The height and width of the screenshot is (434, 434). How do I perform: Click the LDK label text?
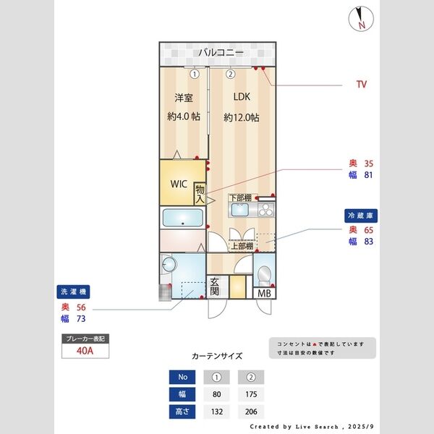241,97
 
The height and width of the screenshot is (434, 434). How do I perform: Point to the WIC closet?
179,184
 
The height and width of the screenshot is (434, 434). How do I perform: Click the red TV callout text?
362,85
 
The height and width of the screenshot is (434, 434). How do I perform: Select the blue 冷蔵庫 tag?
361,216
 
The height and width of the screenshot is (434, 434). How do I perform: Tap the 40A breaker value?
85,352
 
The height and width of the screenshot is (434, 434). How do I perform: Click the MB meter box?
263,293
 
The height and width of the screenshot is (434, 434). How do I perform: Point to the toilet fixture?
264,274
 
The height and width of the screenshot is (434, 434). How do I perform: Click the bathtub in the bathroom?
182,217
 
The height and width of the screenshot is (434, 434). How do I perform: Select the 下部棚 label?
240,198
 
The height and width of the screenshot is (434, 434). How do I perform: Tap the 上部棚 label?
242,246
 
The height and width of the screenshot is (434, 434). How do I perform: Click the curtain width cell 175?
250,394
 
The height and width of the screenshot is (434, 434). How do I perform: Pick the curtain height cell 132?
216,412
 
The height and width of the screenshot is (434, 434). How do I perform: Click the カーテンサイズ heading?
217,356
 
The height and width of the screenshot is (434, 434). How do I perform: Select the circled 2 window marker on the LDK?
230,73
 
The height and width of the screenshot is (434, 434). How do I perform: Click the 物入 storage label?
200,194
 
